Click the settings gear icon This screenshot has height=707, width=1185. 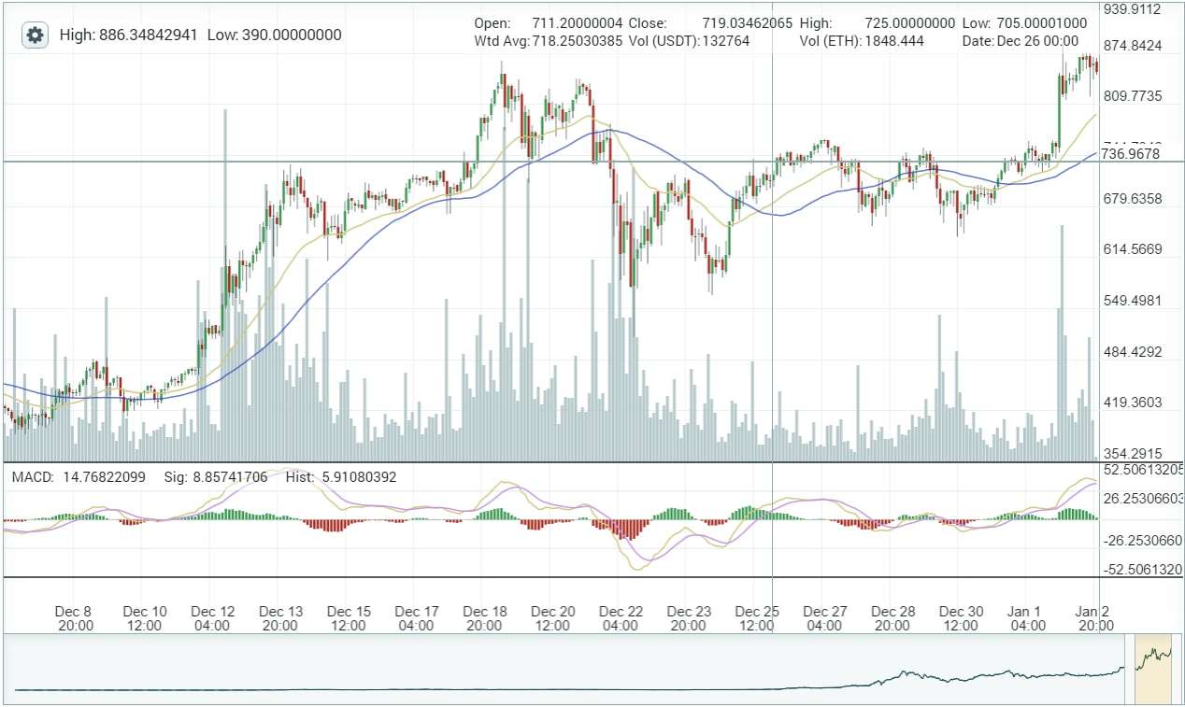point(36,35)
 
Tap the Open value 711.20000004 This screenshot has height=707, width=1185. point(577,23)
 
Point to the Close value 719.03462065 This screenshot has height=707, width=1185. point(740,23)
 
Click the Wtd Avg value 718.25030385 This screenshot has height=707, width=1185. point(577,42)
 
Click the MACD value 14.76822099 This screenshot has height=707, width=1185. point(104,477)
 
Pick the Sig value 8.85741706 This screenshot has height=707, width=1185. point(230,477)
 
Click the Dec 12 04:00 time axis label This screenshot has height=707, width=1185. point(213,618)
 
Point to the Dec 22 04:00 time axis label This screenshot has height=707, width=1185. point(621,618)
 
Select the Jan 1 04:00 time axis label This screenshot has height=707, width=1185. point(1027,618)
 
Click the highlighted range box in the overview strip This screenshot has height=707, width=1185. point(1152,669)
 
